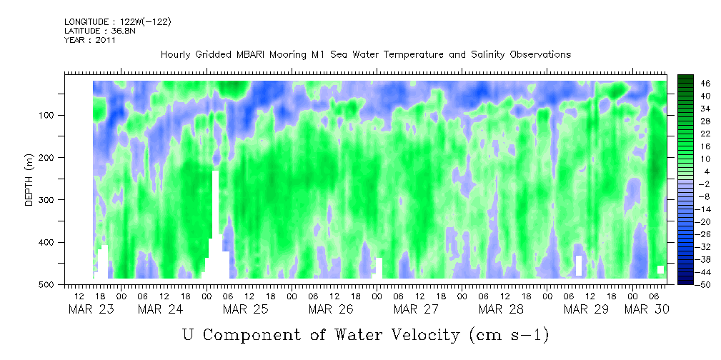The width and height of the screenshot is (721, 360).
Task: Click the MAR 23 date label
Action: (x=91, y=309)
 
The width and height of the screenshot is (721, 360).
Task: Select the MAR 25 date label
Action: (x=245, y=309)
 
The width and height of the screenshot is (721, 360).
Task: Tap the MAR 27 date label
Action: (x=416, y=309)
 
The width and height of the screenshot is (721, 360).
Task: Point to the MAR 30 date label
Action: (x=647, y=309)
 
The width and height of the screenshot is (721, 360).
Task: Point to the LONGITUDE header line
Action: (x=118, y=22)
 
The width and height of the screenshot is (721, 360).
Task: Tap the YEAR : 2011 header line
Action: (x=90, y=40)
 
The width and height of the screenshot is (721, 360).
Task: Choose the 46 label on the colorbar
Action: (x=705, y=83)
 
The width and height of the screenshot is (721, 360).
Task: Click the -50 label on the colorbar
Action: (x=705, y=284)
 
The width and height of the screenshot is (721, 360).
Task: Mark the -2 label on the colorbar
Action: (x=705, y=184)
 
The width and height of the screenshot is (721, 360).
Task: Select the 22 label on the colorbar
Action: (x=705, y=135)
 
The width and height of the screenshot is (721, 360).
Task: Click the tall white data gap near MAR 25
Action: (x=215, y=221)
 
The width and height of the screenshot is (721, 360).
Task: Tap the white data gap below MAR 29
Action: (x=579, y=265)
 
